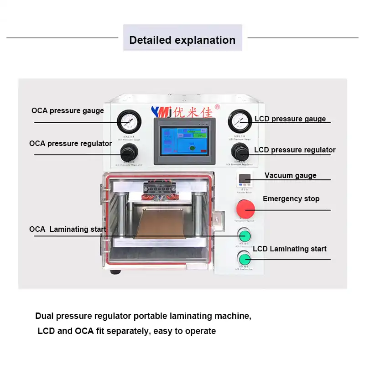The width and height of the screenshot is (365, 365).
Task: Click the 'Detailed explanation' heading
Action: pos(182,40)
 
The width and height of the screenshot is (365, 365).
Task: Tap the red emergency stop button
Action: pos(245,209)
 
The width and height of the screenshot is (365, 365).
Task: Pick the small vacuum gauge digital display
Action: pos(245,179)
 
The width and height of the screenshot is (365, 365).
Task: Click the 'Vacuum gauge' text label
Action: pos(290,176)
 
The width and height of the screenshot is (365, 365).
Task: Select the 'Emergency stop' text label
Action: pos(291,199)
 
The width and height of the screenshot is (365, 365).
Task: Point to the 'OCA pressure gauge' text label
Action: pos(68,111)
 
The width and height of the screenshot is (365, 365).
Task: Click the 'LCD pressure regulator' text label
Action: pos(295,150)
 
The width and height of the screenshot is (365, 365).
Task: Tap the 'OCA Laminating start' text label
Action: pos(68,229)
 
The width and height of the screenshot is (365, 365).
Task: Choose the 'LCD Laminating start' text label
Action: pos(290,249)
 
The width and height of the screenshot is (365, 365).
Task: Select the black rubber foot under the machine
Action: pos(115,272)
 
